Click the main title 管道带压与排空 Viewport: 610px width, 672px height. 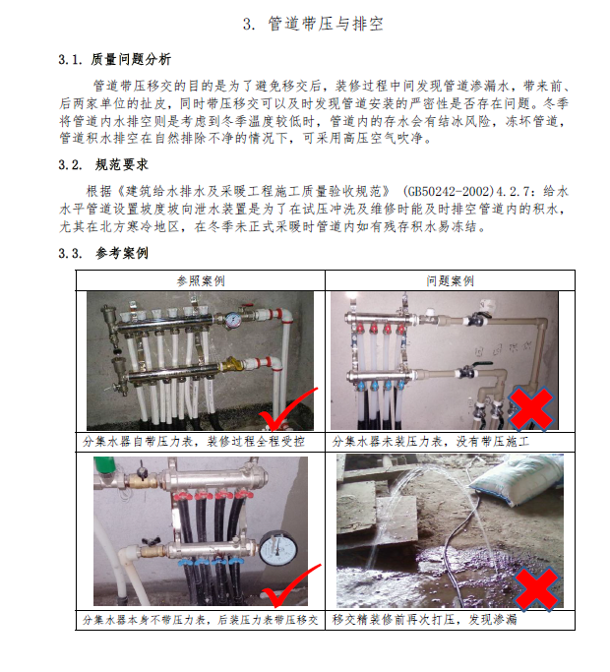point(326,24)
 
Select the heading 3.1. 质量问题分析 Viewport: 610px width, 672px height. point(115,59)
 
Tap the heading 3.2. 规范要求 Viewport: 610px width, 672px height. point(103,164)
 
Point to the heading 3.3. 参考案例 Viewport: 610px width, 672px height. point(103,253)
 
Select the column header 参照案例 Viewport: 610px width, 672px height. point(201,281)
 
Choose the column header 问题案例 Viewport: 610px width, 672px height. point(450,281)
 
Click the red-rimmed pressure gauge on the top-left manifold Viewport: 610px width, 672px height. point(233,320)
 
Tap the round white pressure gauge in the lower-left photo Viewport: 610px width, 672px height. point(278,548)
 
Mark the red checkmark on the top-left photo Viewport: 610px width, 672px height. point(286,409)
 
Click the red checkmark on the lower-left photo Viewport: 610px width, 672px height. point(289,585)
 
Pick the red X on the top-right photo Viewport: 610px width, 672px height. point(530,408)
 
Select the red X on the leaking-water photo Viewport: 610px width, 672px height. point(536,587)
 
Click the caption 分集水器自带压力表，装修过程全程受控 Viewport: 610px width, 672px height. point(194,442)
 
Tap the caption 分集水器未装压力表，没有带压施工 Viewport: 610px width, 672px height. point(430,442)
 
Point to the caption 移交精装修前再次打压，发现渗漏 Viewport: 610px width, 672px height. point(424,619)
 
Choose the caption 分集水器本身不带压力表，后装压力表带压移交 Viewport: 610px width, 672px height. point(200,620)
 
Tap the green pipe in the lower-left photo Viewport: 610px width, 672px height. point(105,465)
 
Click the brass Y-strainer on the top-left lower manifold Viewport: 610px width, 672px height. point(231,365)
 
